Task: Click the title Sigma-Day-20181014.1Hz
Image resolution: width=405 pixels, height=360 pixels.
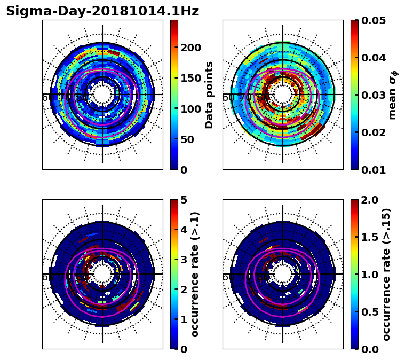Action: coord(102,11)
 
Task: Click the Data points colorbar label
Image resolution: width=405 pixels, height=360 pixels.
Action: coord(209,95)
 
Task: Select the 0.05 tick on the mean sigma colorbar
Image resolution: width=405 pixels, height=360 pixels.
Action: coord(373,20)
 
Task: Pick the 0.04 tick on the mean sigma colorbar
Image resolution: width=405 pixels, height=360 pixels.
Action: coord(373,58)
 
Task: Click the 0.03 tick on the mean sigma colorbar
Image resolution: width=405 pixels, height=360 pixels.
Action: coord(373,95)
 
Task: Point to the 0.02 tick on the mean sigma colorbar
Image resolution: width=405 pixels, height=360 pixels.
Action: coord(373,132)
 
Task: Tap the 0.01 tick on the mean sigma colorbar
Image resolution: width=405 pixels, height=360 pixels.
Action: coord(373,170)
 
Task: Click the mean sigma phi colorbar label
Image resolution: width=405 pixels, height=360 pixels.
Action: coord(393,95)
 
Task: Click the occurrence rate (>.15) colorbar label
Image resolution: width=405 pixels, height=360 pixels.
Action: coord(386,274)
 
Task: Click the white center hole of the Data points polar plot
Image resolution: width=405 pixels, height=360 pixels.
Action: coord(102,95)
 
